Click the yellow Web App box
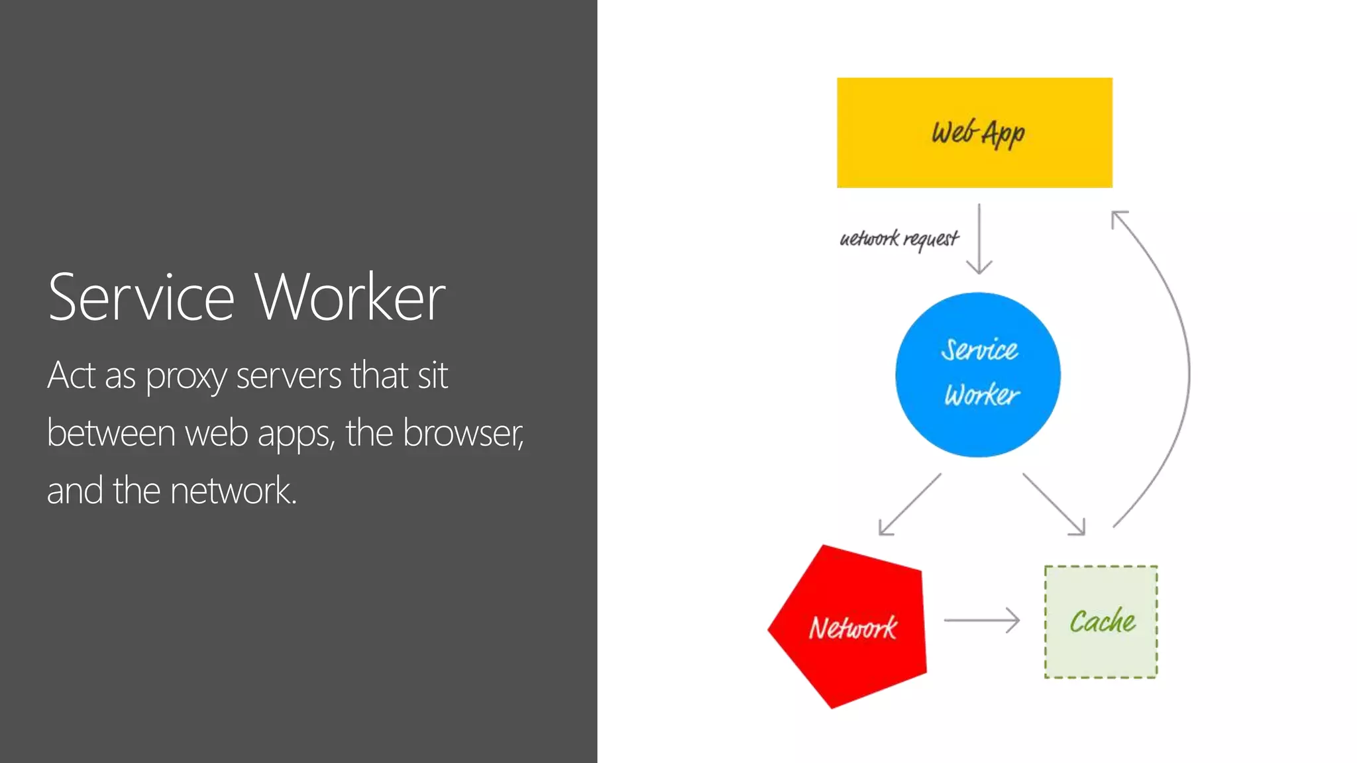(974, 132)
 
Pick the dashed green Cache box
(1101, 622)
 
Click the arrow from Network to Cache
(981, 621)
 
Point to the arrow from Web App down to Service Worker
(979, 238)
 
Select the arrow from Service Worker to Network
(909, 505)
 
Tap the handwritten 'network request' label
(898, 238)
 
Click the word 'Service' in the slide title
(141, 297)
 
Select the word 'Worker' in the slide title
(351, 297)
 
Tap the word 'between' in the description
(111, 433)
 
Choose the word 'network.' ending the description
(233, 491)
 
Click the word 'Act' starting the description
(71, 376)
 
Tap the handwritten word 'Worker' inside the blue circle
(982, 395)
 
